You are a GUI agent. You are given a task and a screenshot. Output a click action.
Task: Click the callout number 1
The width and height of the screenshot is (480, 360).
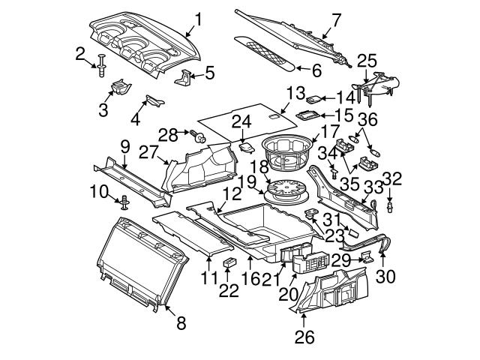[x=198, y=19]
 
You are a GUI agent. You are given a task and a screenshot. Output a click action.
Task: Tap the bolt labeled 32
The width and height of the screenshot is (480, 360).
[x=391, y=203]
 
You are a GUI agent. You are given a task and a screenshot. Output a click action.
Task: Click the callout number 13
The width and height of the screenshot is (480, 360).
[x=295, y=93]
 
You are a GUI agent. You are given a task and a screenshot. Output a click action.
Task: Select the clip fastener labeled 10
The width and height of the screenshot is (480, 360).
[x=124, y=201]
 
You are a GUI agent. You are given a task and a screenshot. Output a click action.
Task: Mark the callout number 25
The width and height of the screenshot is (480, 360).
[x=365, y=60]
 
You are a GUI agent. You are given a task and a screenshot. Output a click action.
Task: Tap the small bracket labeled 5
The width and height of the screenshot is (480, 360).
[x=184, y=77]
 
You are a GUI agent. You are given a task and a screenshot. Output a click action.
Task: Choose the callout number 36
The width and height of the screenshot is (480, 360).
[x=367, y=118]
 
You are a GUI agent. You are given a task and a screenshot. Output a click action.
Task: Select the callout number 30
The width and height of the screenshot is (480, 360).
[x=385, y=276]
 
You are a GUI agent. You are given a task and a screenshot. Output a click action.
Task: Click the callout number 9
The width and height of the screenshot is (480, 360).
[x=124, y=145]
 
